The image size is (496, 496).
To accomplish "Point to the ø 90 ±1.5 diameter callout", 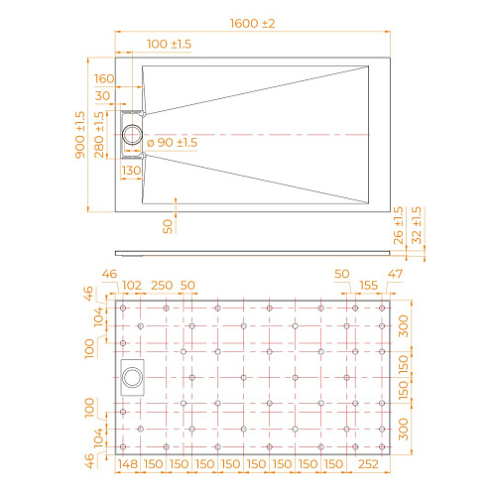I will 172,143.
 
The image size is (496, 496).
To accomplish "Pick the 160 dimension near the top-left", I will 104,77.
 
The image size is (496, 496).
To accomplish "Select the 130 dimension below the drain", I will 130,171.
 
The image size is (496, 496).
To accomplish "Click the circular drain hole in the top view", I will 132,133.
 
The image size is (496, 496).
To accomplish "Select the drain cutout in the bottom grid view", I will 132,375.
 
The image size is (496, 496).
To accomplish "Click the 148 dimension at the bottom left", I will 126,464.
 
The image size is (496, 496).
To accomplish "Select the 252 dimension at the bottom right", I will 369,464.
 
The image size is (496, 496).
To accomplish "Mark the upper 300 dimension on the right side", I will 404,329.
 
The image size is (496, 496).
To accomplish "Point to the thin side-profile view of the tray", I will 251,250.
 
